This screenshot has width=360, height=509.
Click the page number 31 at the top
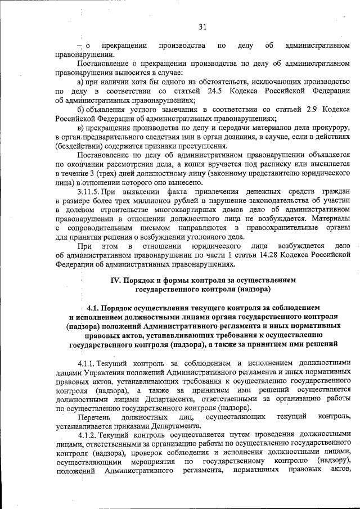pyautogui.click(x=202, y=26)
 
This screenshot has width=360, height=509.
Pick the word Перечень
pyautogui.click(x=94, y=417)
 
